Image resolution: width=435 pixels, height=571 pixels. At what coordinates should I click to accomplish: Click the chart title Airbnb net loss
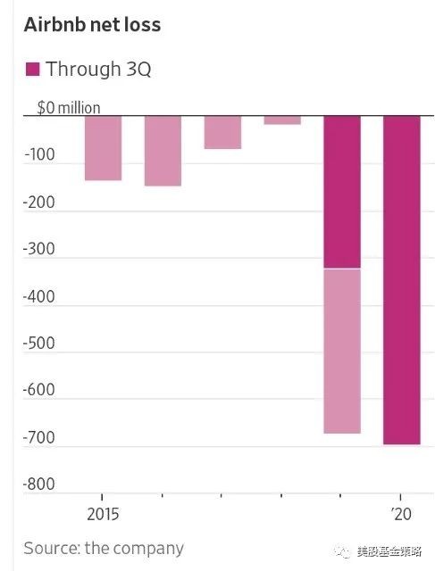(92, 25)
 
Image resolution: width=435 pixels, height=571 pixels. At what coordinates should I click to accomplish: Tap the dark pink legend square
(32, 70)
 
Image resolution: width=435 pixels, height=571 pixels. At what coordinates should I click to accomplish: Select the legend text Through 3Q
(98, 69)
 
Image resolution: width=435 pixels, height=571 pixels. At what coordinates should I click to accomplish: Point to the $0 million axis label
(69, 108)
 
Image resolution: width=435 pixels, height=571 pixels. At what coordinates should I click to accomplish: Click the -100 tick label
(39, 154)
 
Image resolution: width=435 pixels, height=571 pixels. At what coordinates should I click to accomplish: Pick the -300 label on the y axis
(38, 249)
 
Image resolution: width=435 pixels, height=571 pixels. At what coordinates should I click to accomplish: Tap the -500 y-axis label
(38, 343)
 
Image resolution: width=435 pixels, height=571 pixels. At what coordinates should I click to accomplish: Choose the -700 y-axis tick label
(38, 437)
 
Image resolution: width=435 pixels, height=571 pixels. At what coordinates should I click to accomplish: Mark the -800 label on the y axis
(38, 484)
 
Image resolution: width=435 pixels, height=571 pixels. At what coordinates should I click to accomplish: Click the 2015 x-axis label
(103, 514)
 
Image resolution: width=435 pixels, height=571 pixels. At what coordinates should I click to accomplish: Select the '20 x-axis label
(401, 514)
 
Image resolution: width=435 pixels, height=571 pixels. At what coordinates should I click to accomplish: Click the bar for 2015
(104, 148)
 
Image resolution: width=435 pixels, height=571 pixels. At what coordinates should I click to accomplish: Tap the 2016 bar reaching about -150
(163, 151)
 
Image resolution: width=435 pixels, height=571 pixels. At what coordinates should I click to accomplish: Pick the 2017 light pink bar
(222, 132)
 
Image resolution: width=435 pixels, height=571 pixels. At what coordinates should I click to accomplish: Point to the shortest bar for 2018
(282, 120)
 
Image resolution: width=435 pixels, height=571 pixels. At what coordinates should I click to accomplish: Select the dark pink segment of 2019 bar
(342, 193)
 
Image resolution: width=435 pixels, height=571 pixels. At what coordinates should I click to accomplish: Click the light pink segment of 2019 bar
(342, 351)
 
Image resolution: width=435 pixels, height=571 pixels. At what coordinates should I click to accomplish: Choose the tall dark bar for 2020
(402, 280)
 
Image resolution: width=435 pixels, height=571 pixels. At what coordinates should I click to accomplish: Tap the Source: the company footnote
(104, 549)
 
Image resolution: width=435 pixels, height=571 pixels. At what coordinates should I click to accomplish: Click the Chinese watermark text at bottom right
(389, 551)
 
